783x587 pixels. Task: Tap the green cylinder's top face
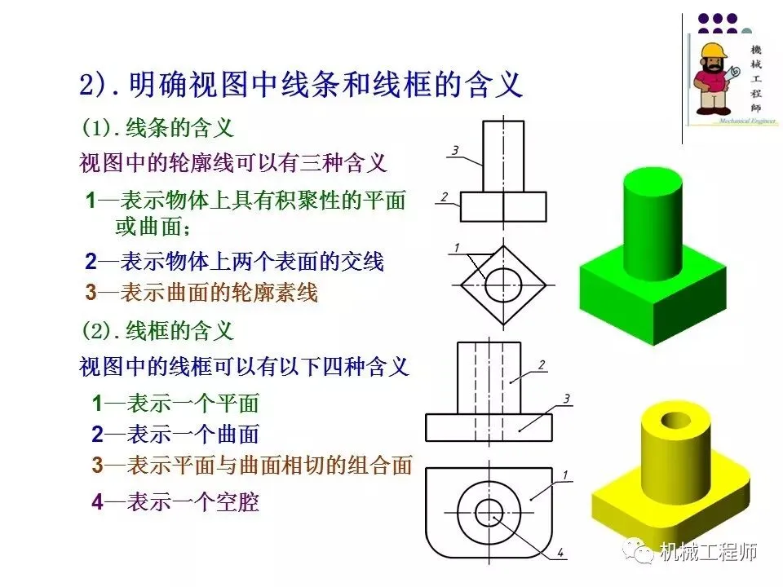pos(652,183)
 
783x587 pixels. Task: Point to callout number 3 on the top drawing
pos(455,149)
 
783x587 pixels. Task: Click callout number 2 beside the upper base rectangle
pos(443,196)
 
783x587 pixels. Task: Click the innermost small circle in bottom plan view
pos(489,511)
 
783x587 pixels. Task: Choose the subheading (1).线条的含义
pos(157,127)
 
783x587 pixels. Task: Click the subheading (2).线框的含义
pos(157,331)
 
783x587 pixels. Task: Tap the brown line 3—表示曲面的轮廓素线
pos(201,293)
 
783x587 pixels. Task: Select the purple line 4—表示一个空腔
pos(175,502)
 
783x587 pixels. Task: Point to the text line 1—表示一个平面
pos(175,403)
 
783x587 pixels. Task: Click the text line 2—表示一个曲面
pos(175,434)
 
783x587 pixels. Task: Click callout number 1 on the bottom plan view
pos(566,474)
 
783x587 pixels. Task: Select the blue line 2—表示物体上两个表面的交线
pos(234,262)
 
